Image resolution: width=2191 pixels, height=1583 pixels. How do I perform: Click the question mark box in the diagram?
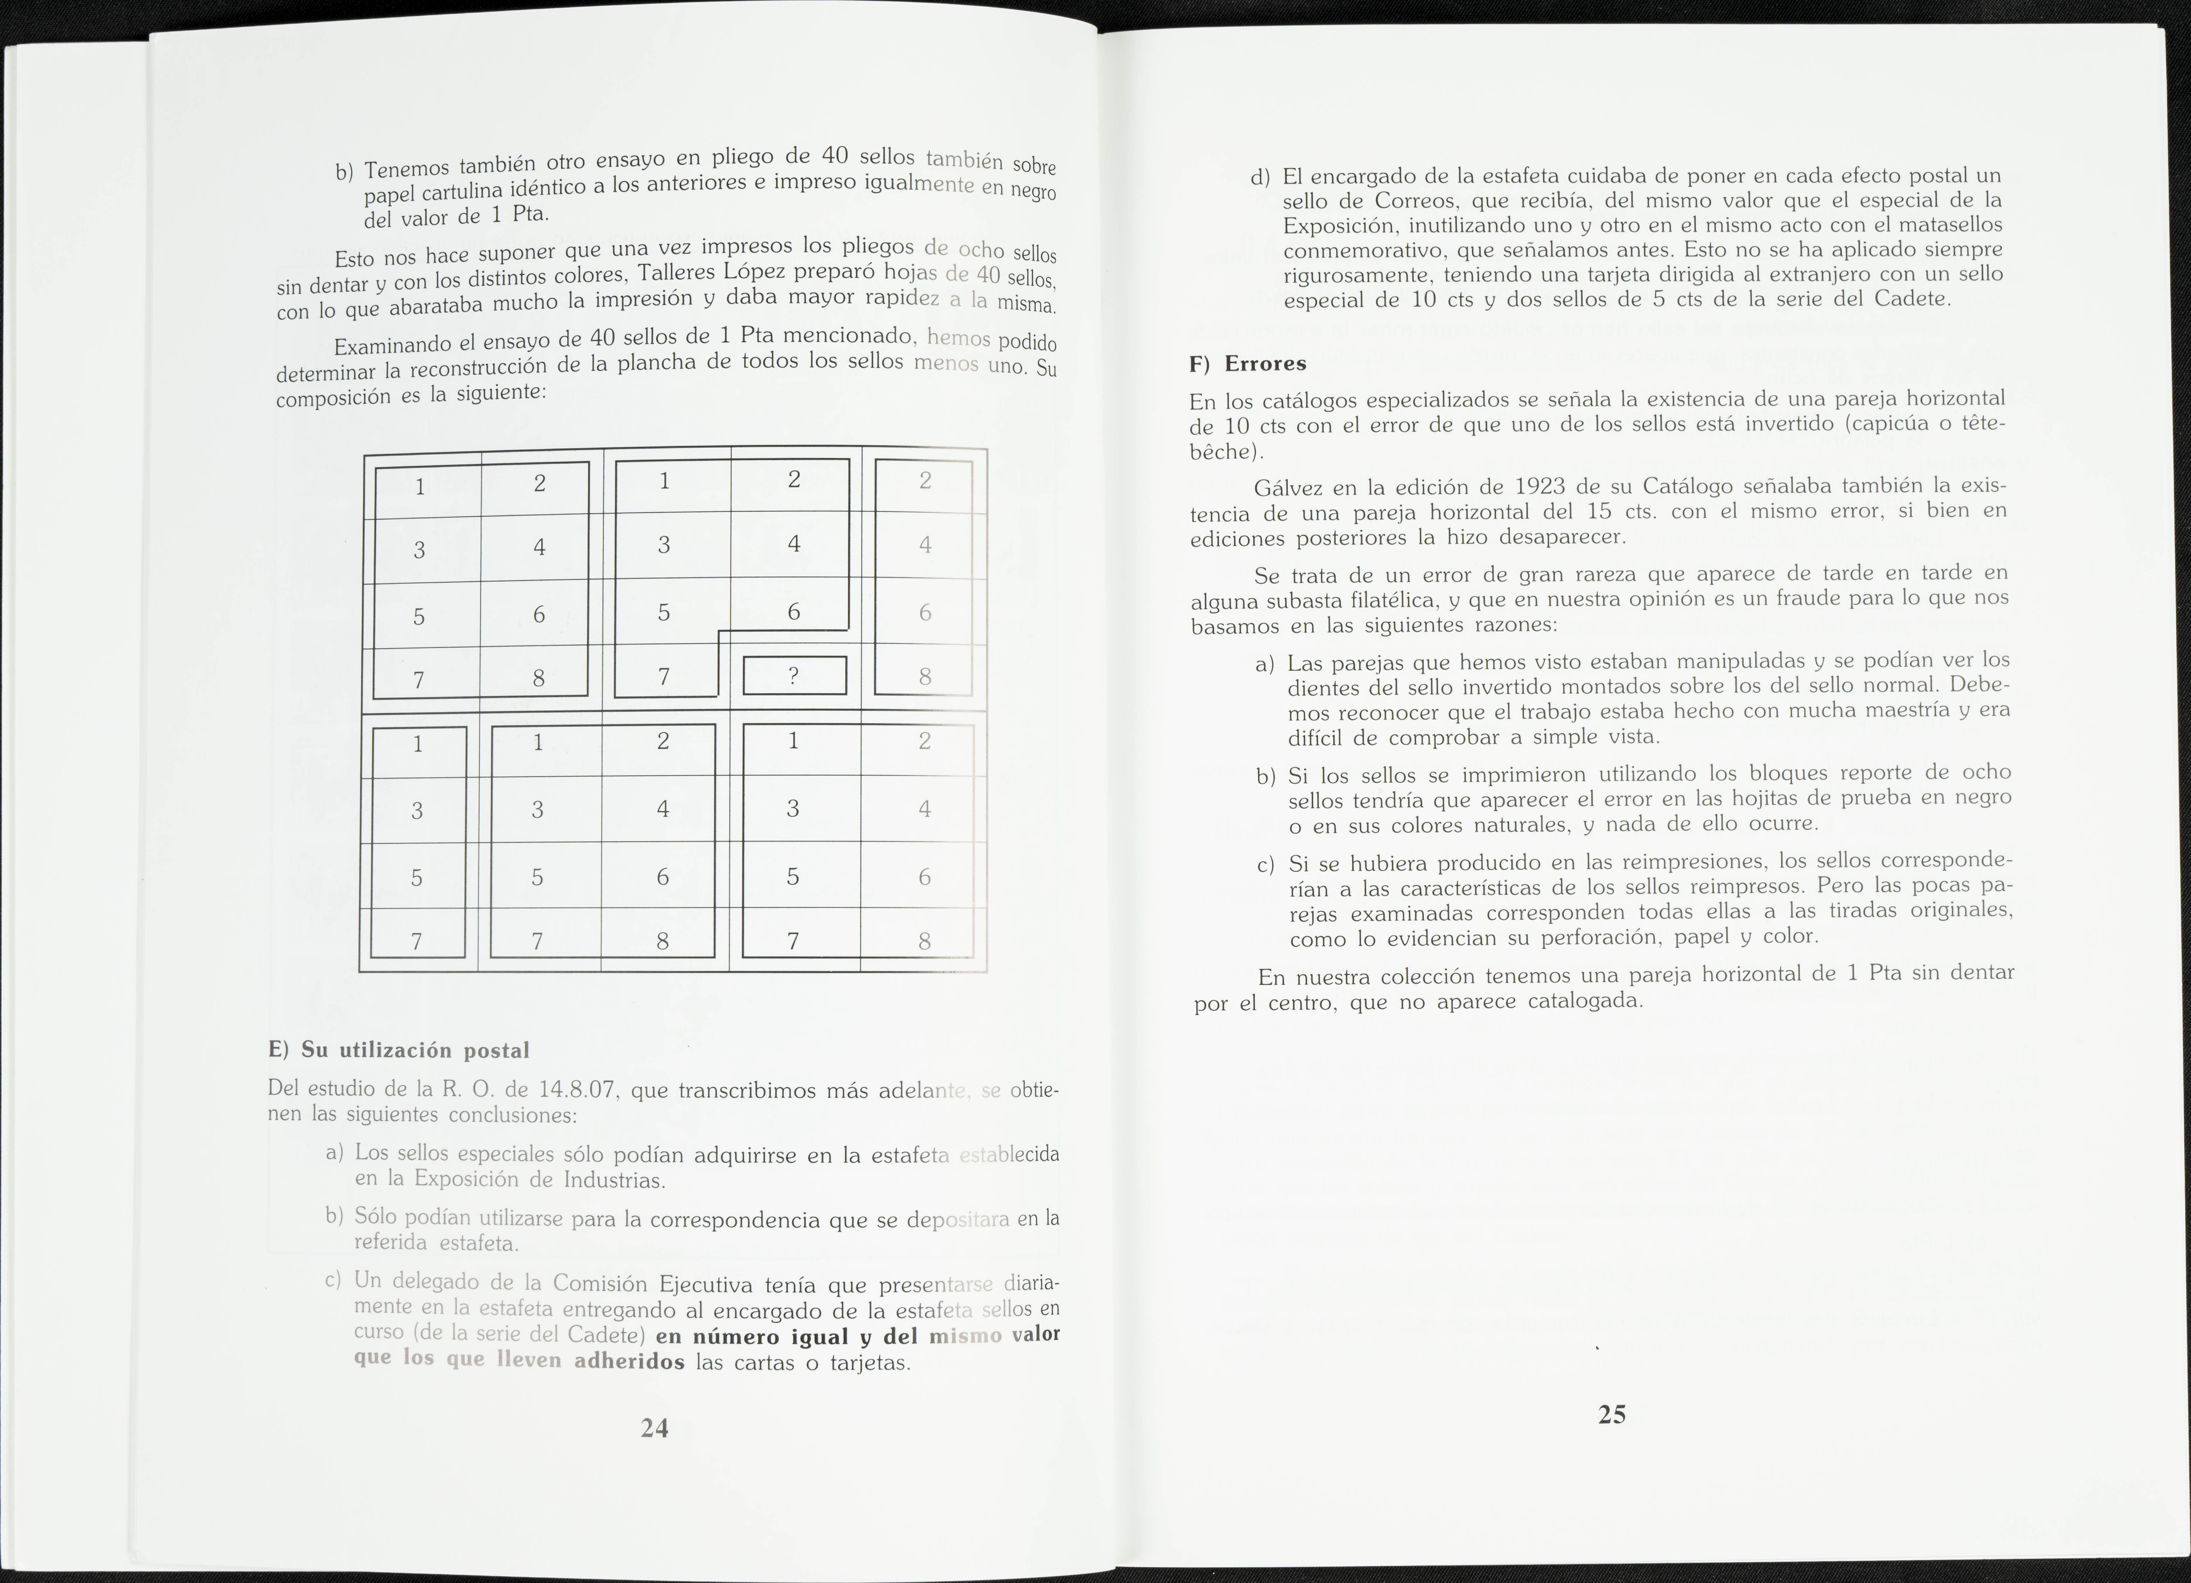click(x=794, y=675)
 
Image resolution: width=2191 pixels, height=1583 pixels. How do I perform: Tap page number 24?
click(x=654, y=1428)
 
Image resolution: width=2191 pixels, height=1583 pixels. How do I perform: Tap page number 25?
click(x=1611, y=1414)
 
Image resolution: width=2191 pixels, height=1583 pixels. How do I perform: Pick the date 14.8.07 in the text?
click(x=577, y=1090)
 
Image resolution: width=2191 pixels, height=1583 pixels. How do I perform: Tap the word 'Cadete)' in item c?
click(x=606, y=1335)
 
